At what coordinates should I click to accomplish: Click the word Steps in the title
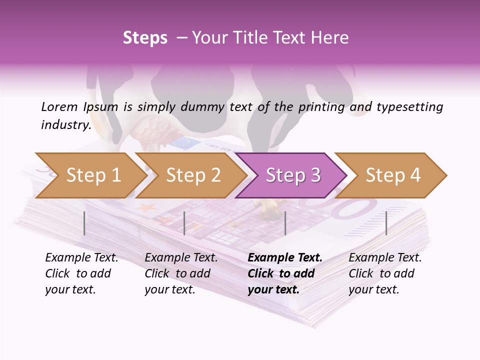click(145, 38)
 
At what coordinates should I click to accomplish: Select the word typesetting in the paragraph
click(409, 107)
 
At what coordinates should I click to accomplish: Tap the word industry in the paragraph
click(65, 125)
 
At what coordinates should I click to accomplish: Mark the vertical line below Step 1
click(84, 223)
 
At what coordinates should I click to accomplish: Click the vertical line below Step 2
click(184, 223)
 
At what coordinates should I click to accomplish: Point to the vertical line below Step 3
click(285, 223)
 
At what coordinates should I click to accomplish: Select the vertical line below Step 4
click(386, 223)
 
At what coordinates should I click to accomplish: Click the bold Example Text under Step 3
click(285, 258)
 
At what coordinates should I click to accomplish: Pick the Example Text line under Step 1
click(81, 258)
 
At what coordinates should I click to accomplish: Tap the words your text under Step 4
click(373, 289)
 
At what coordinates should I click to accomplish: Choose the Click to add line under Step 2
click(177, 273)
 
